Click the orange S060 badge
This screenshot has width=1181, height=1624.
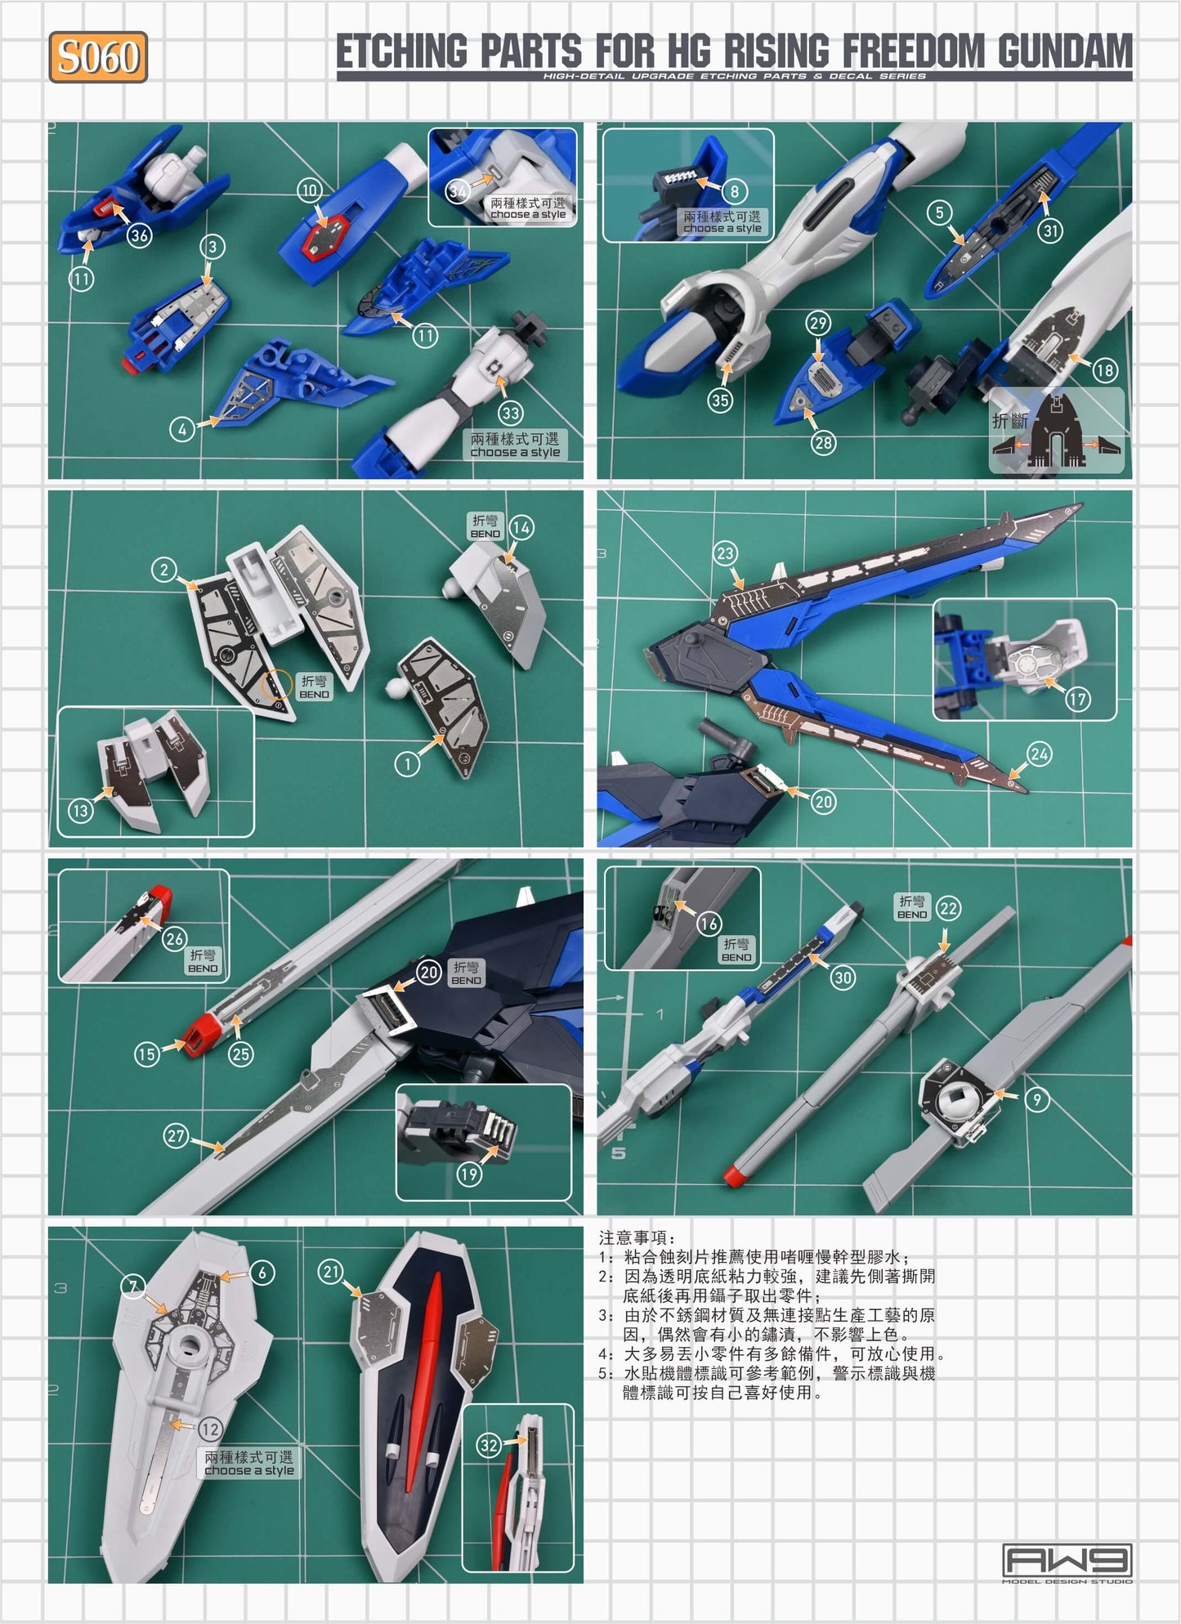click(x=98, y=57)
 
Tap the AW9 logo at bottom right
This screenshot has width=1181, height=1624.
click(x=1067, y=1560)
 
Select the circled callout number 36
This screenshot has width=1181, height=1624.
click(x=140, y=236)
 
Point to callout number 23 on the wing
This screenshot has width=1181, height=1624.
click(x=725, y=553)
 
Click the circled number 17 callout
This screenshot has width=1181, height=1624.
click(x=1077, y=699)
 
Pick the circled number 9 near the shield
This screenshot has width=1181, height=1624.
click(x=1036, y=1099)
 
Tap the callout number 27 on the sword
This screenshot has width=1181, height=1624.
click(x=177, y=1135)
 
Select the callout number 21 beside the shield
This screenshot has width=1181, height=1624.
click(x=331, y=1272)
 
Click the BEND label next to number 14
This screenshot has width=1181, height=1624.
click(x=485, y=526)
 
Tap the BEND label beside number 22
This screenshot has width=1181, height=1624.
click(x=911, y=907)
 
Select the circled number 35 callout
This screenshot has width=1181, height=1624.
click(x=720, y=400)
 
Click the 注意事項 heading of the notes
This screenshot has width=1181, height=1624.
click(x=637, y=1237)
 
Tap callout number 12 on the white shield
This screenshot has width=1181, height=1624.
click(x=210, y=1429)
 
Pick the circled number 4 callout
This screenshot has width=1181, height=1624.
click(x=181, y=428)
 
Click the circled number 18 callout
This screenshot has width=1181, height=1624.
click(x=1104, y=370)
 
